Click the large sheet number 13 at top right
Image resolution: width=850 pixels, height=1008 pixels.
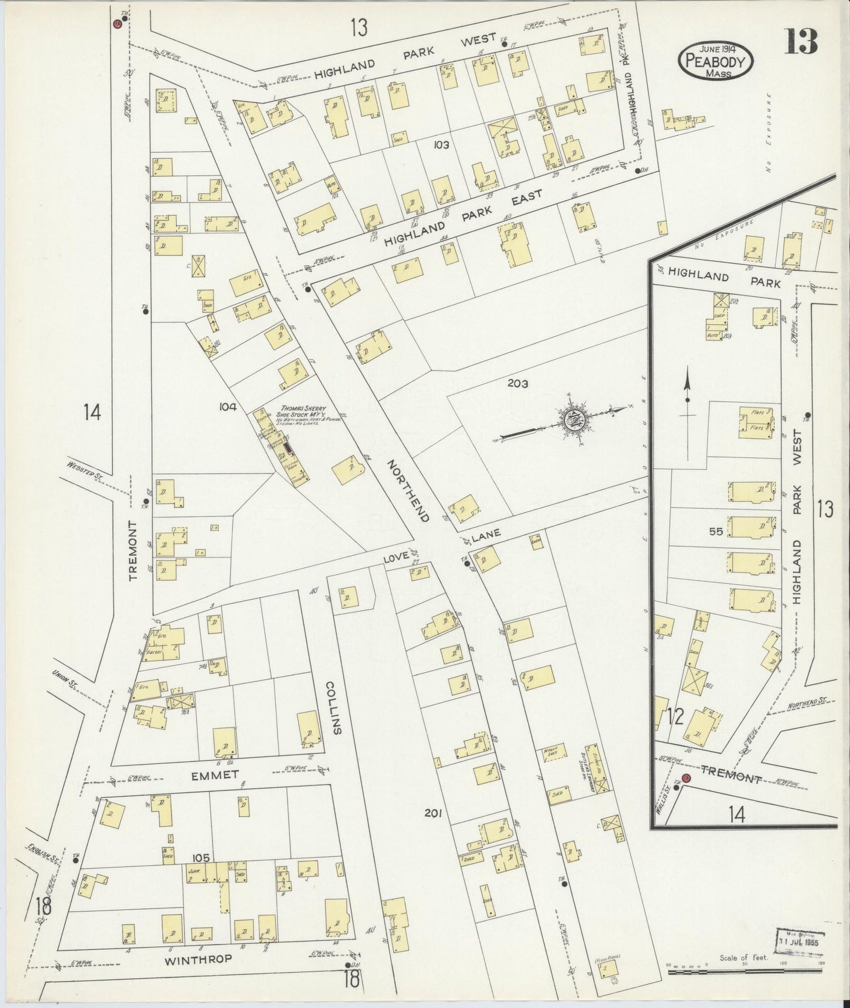802,42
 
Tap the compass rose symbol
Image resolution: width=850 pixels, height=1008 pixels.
570,420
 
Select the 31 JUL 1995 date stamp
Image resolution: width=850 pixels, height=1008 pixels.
800,939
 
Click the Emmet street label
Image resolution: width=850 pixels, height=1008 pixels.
215,775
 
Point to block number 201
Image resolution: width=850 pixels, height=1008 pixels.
433,813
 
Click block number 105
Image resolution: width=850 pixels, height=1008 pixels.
200,858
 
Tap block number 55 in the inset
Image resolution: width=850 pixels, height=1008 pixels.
715,531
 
